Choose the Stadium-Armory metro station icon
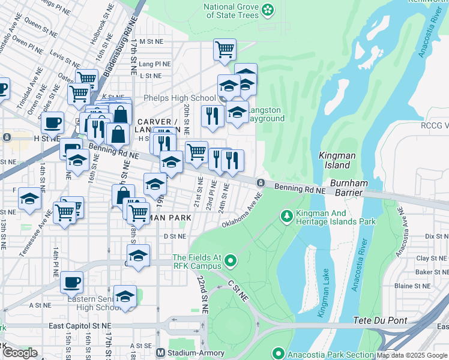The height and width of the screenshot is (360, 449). tap(160, 353)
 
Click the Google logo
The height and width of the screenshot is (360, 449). tap(20, 353)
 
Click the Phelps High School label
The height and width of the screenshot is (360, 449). tap(179, 98)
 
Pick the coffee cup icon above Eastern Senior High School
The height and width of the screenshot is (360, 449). tap(72, 281)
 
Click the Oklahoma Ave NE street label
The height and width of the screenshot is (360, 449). tap(242, 211)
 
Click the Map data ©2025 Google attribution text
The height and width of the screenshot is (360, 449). tap(411, 355)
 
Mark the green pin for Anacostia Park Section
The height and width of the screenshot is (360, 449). tap(277, 353)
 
